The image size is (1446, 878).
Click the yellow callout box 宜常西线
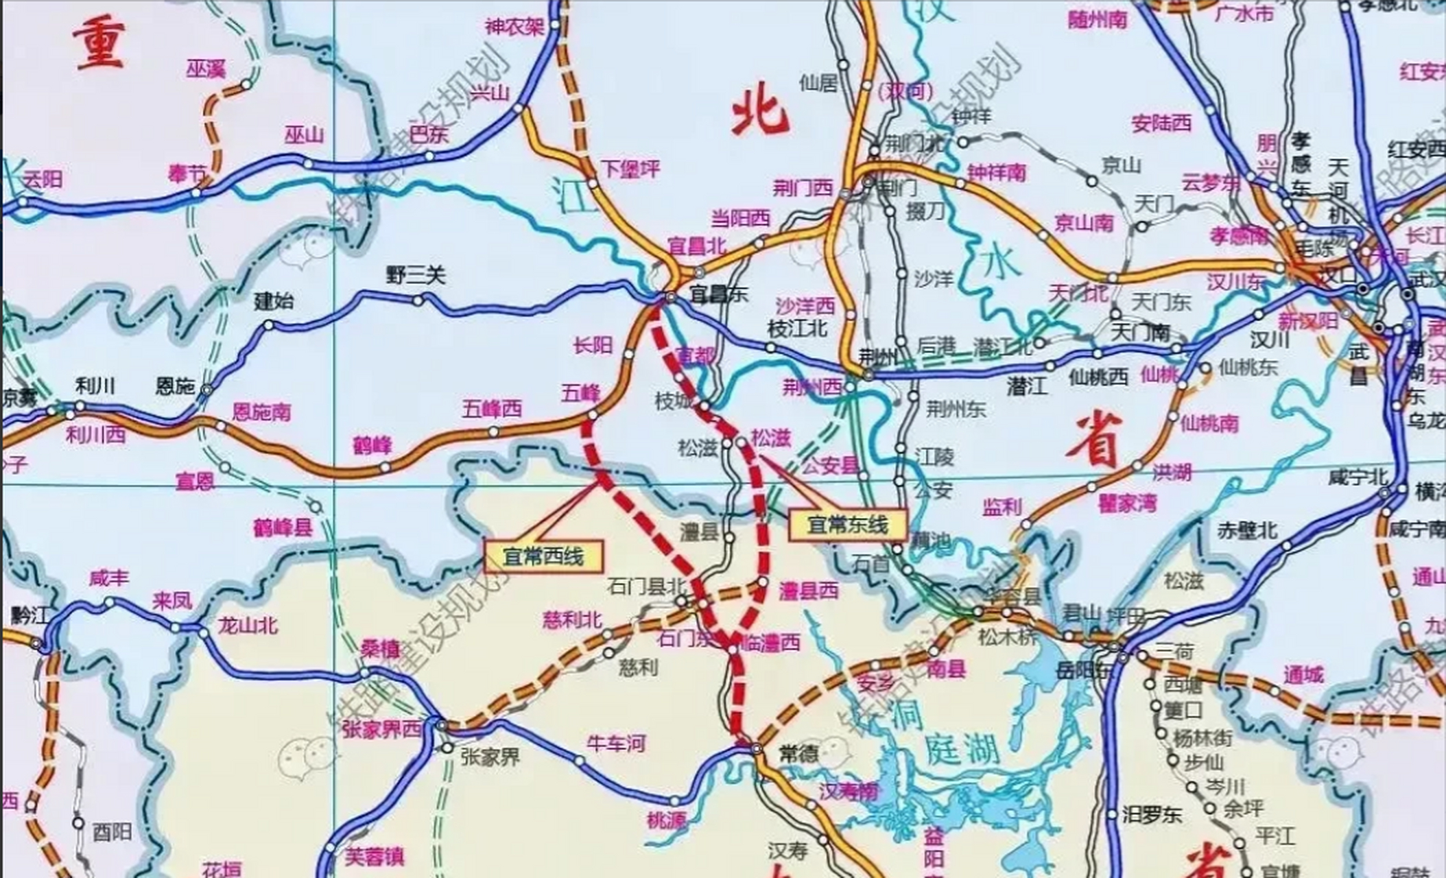[x=543, y=556]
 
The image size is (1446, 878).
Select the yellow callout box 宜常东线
[x=847, y=525]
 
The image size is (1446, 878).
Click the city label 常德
[x=799, y=754]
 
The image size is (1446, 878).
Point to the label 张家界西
[x=381, y=729]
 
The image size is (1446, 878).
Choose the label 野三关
[x=416, y=276]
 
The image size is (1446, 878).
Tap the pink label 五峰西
[x=491, y=410]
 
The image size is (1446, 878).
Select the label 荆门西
[x=802, y=188]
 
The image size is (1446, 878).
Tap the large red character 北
[x=759, y=115]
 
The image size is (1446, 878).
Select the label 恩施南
[x=261, y=412]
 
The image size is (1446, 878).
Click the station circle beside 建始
[x=268, y=325]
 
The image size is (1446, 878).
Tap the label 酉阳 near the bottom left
[x=112, y=833]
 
